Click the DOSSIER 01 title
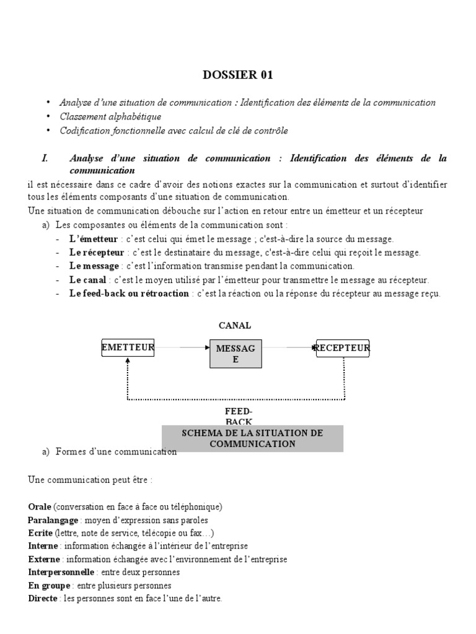(237, 76)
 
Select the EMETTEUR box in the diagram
(128, 349)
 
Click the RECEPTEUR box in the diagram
(343, 349)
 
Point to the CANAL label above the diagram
(234, 326)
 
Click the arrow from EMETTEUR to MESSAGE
(182, 348)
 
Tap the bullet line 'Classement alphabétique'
(110, 116)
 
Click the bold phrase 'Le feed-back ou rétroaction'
(129, 293)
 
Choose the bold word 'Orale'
(40, 506)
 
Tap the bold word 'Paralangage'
(52, 520)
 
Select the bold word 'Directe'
(43, 599)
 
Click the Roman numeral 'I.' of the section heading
(45, 158)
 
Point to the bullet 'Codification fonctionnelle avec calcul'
(174, 131)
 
